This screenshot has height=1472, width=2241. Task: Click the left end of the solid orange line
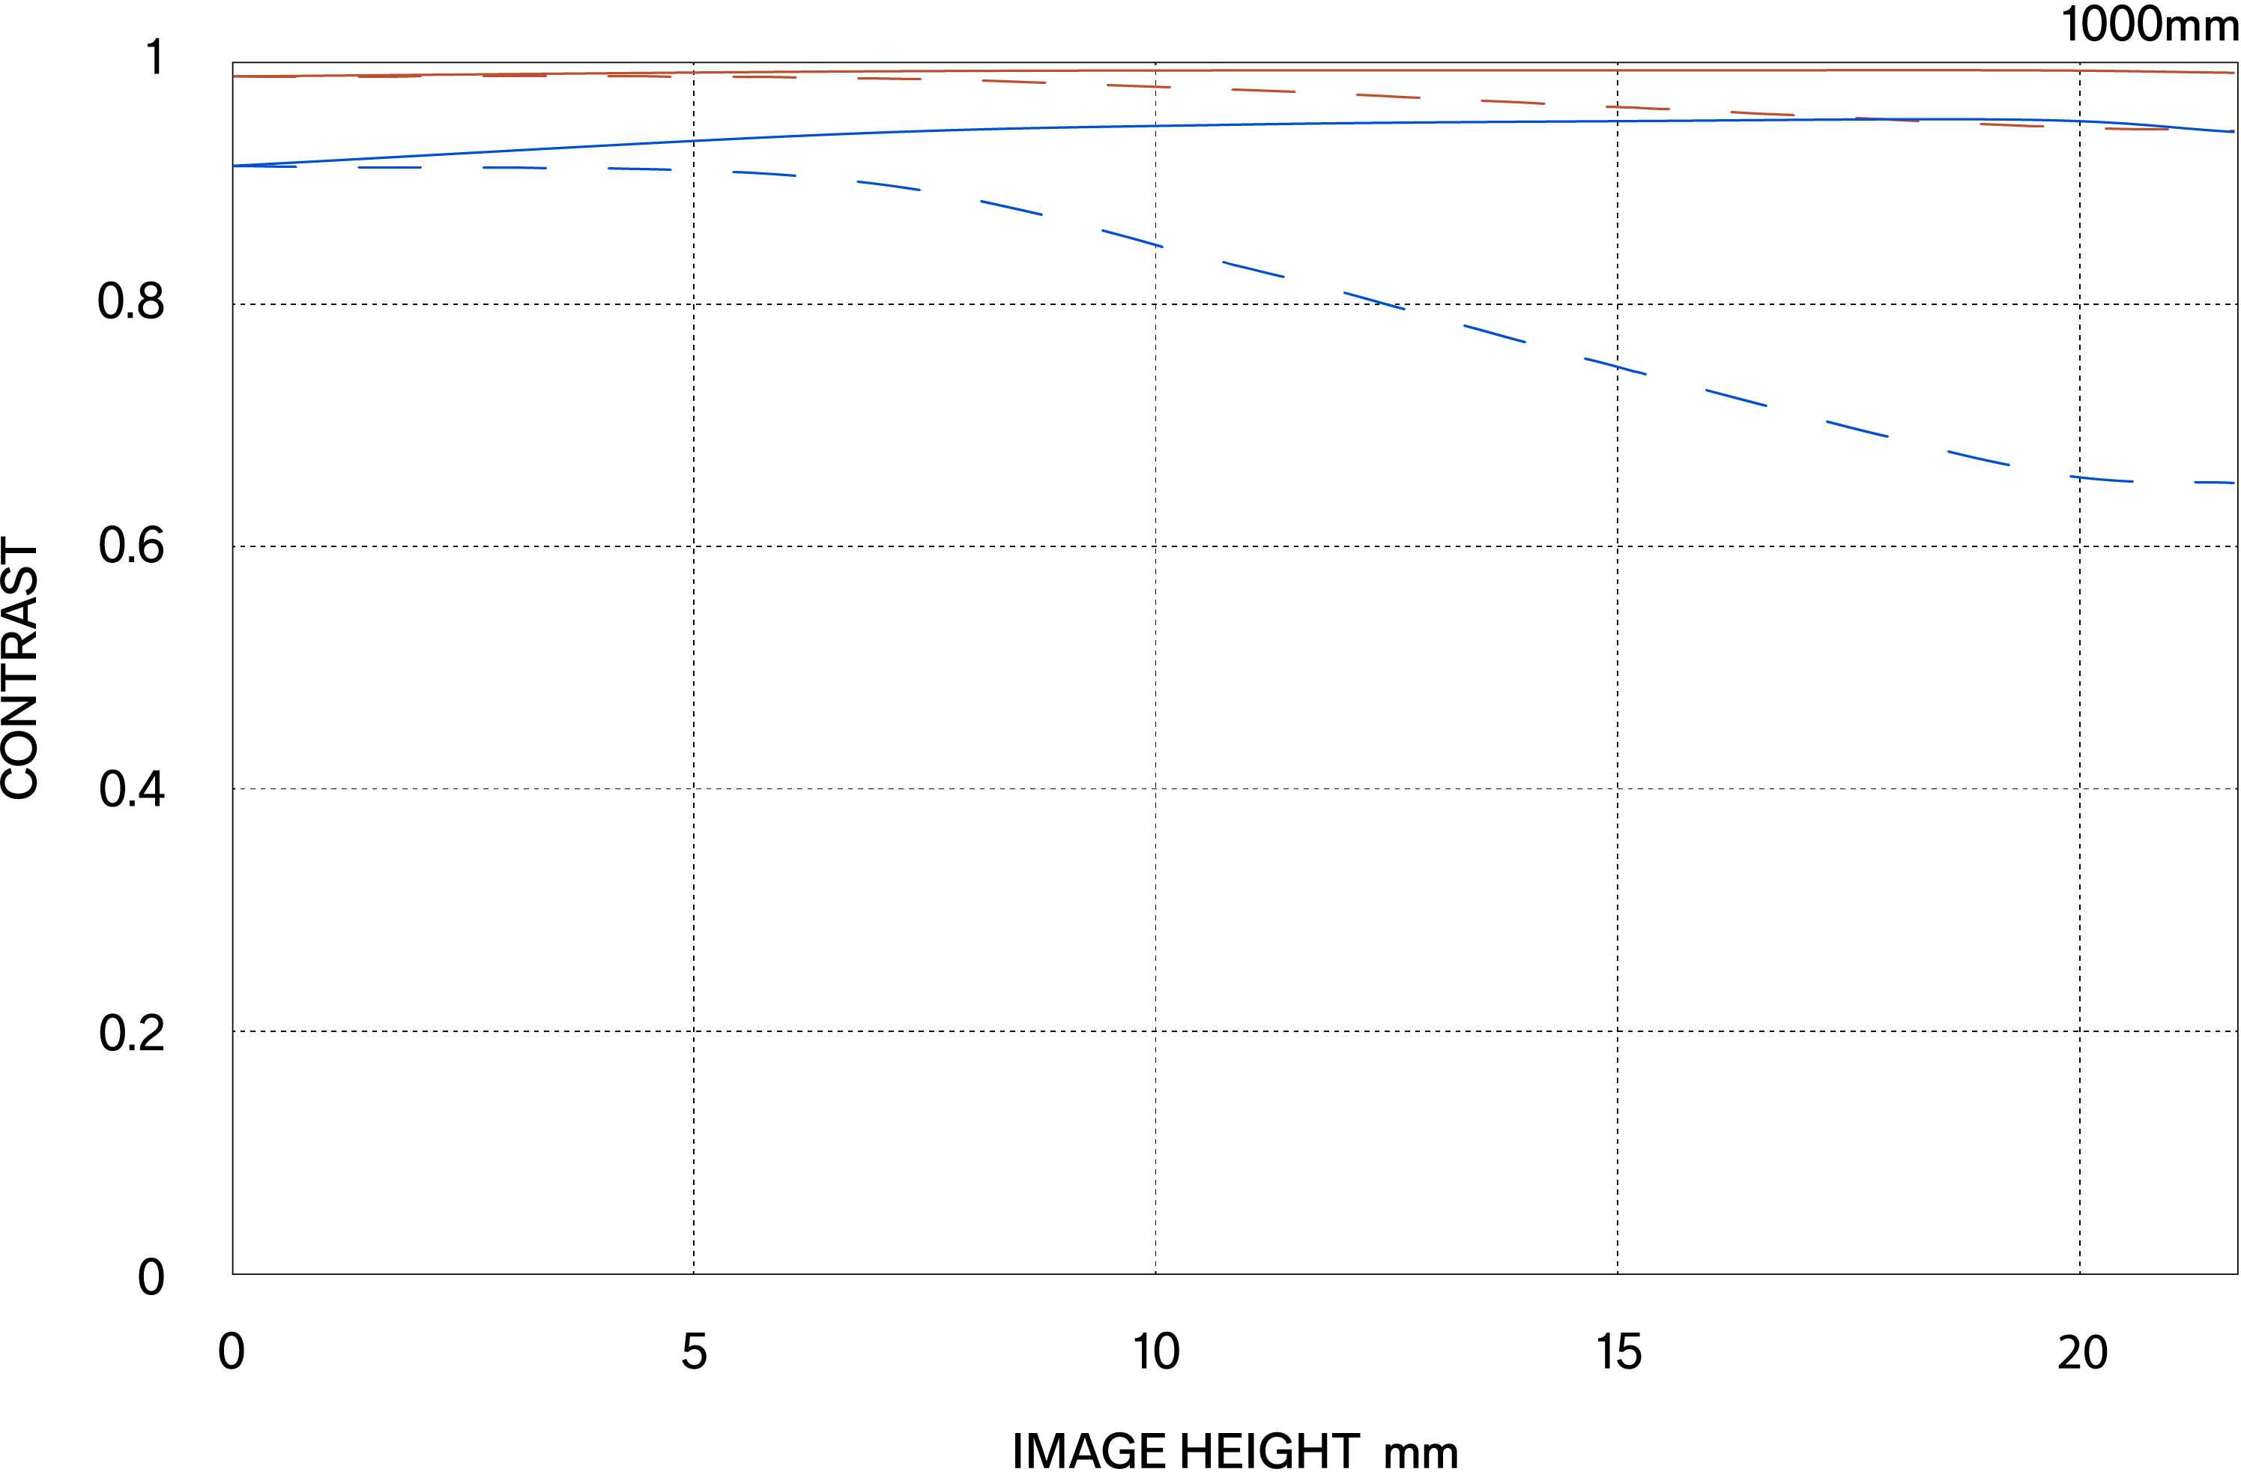point(235,76)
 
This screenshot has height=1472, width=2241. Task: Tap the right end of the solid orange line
point(2234,73)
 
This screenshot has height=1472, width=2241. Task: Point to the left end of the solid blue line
point(235,166)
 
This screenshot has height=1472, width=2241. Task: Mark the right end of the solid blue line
point(2234,132)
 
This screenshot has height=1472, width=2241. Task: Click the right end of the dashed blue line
point(2234,482)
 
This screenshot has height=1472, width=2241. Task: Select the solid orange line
point(1224,70)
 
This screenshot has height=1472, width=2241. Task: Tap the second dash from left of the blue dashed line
point(389,168)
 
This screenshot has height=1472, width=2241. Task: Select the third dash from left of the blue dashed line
point(514,168)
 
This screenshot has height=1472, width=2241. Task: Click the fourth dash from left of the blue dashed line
point(639,169)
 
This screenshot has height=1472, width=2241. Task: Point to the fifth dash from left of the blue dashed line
point(763,173)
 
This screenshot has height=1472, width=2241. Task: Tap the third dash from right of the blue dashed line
point(1978,458)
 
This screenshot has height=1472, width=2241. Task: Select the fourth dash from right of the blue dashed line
point(1857,429)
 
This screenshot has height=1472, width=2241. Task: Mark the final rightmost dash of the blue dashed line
point(2215,482)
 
